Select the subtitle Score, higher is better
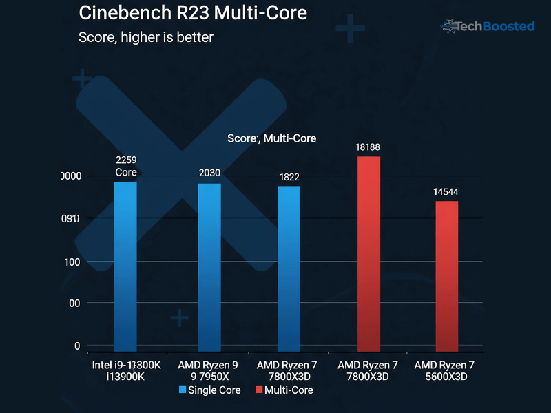point(146,37)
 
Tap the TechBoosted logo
point(488,27)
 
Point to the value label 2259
point(126,160)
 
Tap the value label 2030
point(209,173)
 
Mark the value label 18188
point(368,147)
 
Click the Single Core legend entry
point(210,390)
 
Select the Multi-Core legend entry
point(284,390)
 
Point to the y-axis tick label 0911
point(71,219)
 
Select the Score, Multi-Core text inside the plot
point(271,138)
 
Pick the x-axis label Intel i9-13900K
point(126,370)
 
